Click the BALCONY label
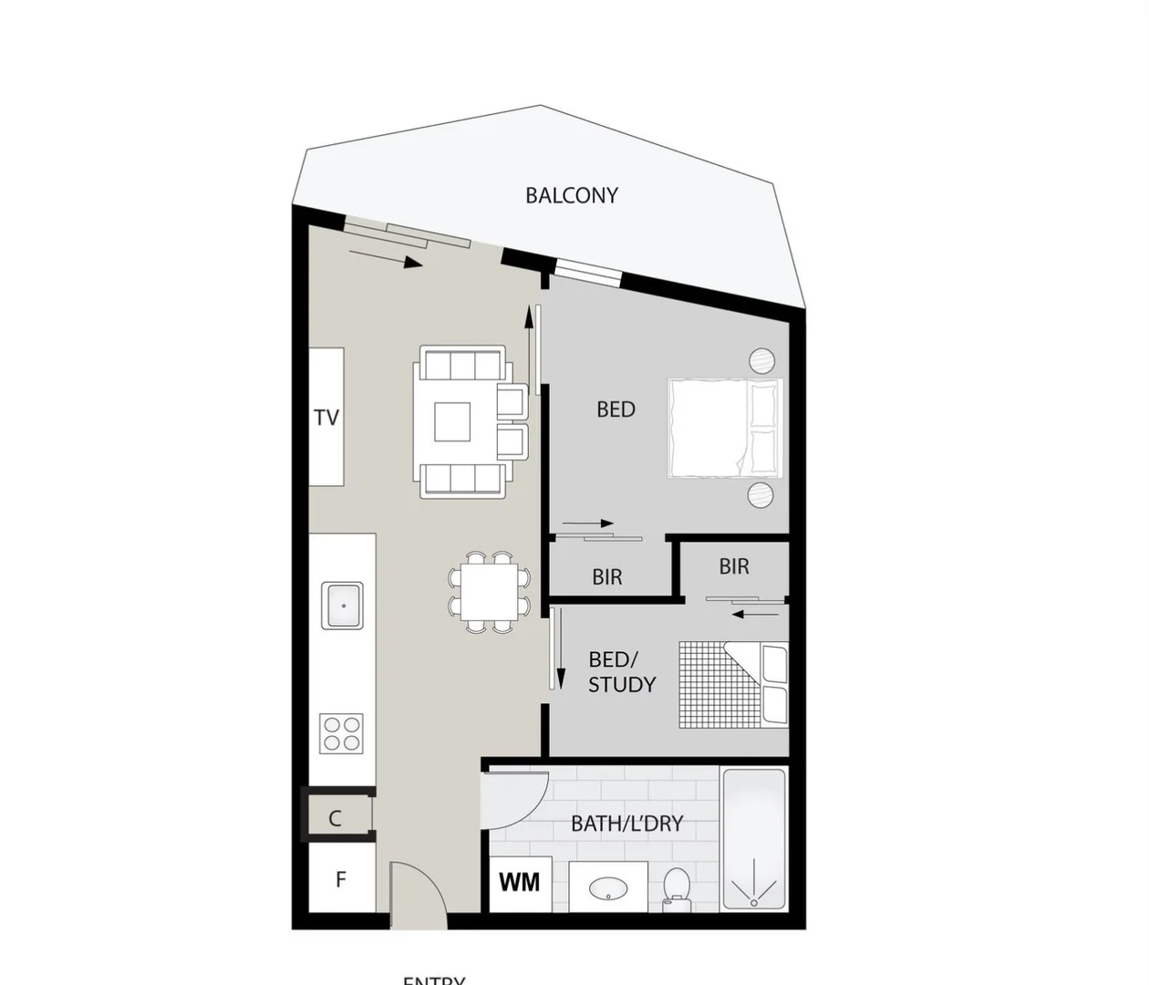pos(572,195)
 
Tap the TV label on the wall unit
pos(326,418)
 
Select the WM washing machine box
pos(520,883)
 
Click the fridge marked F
pos(341,879)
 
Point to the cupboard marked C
pos(336,818)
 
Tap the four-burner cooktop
pos(341,733)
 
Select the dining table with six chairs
pos(490,592)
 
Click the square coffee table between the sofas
pos(452,421)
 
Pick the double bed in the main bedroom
pos(725,428)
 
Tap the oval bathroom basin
pos(607,887)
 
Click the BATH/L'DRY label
pos(626,824)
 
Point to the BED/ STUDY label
pos(621,672)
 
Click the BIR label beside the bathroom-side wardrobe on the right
pos(734,566)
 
